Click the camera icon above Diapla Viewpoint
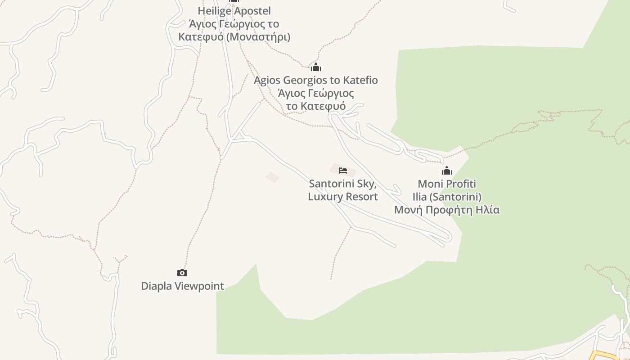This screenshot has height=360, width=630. (182, 273)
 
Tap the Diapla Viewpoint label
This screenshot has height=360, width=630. (182, 286)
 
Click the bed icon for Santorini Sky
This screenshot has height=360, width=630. (343, 171)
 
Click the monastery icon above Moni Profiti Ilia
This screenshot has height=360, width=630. (447, 171)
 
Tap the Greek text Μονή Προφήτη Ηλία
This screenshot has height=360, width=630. (447, 210)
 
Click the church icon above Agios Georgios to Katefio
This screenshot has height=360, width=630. (316, 67)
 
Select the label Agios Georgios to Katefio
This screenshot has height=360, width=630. (315, 81)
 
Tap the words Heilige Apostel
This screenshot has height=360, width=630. (234, 11)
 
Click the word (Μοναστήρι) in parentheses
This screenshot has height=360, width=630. (258, 37)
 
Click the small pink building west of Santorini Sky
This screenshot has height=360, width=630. (272, 177)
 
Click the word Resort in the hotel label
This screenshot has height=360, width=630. (361, 197)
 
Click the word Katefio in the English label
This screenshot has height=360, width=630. (360, 81)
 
